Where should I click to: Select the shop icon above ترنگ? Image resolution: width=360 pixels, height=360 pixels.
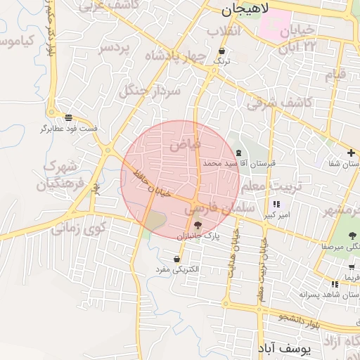pos(222,51)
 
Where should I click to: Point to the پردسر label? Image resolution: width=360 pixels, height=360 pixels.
pos(115,47)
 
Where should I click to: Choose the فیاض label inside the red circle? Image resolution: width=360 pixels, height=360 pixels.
pos(185,144)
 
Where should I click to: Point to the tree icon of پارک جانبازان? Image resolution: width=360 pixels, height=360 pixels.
pos(198,225)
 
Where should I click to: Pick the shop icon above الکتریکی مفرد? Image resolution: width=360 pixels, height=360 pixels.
pos(185,259)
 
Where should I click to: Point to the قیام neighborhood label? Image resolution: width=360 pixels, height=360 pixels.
pos(335,74)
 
